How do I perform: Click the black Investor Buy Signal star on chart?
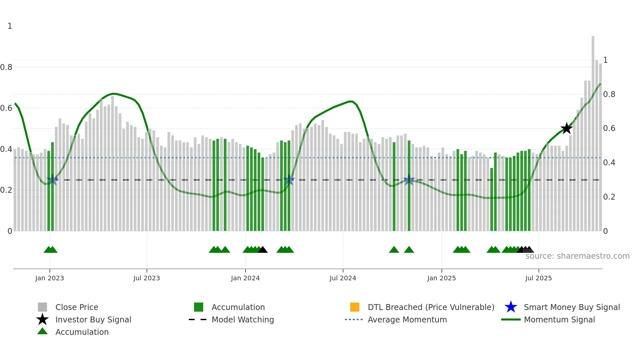pos(567,128)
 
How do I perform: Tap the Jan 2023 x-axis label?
pos(50,278)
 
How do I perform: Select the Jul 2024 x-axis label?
pos(343,278)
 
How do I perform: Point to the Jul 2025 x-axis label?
pos(538,278)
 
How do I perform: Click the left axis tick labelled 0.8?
pos(6,67)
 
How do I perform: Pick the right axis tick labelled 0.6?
pos(609,128)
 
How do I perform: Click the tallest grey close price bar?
pos(593,131)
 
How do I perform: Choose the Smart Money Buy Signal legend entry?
pos(571,307)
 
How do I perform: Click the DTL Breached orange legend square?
pos(355,307)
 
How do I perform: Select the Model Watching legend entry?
pos(242,320)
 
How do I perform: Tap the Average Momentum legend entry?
pos(407,320)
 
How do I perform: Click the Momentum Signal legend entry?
pos(559,320)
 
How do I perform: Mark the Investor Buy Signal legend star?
pos(42,319)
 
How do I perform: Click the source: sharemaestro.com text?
pos(577,256)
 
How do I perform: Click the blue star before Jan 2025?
pos(409,180)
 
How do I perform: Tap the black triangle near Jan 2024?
pos(263,250)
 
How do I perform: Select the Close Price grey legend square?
pos(42,307)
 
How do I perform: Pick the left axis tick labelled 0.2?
pos(6,190)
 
